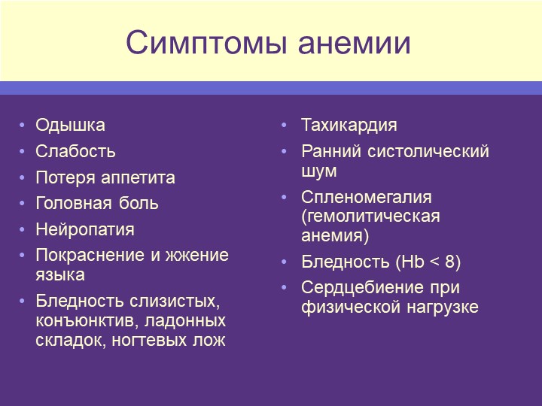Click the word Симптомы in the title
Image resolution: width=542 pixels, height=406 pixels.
click(206, 43)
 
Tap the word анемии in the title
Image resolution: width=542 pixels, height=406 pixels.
click(355, 44)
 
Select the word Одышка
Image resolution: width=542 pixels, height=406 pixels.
click(70, 125)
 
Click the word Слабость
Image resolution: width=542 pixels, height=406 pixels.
click(75, 151)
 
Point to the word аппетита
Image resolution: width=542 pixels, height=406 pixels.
click(138, 178)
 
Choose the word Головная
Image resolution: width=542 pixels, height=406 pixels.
click(74, 203)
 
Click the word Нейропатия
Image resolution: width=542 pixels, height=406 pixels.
click(85, 230)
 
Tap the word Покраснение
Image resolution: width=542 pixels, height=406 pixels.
click(90, 256)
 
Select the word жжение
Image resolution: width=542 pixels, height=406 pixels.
click(197, 256)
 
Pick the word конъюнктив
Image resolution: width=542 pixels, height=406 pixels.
click(87, 321)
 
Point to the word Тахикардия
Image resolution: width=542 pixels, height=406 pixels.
click(349, 125)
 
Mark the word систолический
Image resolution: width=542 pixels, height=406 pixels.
click(428, 152)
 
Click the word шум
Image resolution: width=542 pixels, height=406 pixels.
click(318, 171)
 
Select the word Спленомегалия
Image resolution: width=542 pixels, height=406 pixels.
click(367, 198)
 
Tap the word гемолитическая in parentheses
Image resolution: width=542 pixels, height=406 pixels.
click(370, 217)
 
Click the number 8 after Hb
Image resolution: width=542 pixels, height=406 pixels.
click(449, 262)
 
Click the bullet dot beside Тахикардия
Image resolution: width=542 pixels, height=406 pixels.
click(284, 125)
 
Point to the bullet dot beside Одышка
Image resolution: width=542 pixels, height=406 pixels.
click(23, 125)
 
